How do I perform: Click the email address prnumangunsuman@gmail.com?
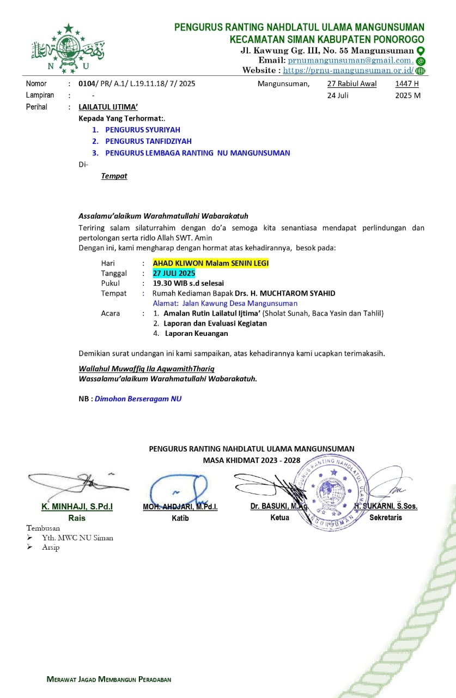[x=350, y=61]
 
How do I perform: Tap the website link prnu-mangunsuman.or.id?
[x=348, y=70]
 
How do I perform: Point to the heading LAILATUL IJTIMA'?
[x=108, y=107]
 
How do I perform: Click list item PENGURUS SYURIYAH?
[x=142, y=130]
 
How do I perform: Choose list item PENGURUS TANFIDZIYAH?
[x=148, y=141]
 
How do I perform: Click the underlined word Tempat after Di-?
[x=114, y=176]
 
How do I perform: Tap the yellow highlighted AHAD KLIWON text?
[x=210, y=263]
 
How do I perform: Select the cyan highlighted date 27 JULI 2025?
[x=174, y=273]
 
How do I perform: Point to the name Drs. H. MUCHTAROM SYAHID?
[x=289, y=293]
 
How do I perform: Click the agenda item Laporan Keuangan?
[x=196, y=333]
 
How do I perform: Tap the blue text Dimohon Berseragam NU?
[x=138, y=399]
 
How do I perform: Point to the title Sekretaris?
[x=385, y=518]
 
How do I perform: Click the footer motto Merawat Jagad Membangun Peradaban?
[x=109, y=679]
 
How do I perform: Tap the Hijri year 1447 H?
[x=407, y=84]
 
